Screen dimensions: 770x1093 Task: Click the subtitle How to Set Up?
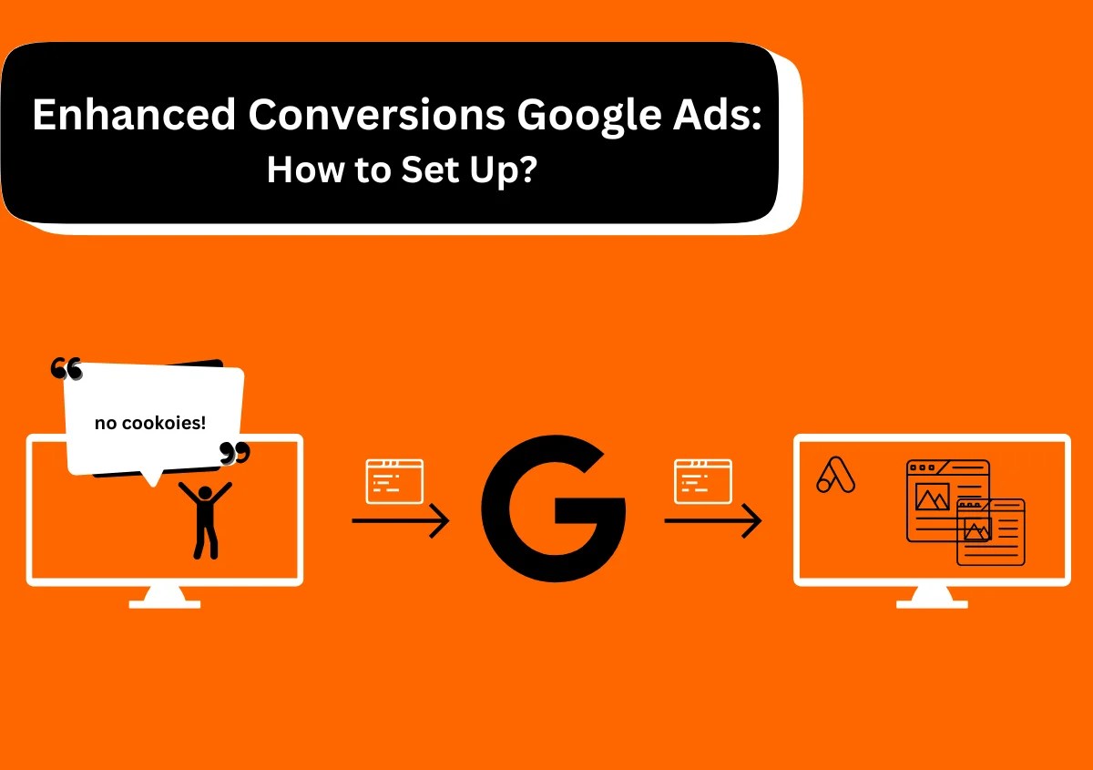402,169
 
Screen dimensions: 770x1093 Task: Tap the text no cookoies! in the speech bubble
150,423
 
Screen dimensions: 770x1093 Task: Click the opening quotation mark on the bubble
66,369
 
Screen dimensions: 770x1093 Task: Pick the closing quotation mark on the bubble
235,453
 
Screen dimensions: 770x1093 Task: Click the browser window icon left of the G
394,481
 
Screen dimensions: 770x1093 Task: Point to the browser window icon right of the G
702,481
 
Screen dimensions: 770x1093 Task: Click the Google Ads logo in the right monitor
835,475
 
